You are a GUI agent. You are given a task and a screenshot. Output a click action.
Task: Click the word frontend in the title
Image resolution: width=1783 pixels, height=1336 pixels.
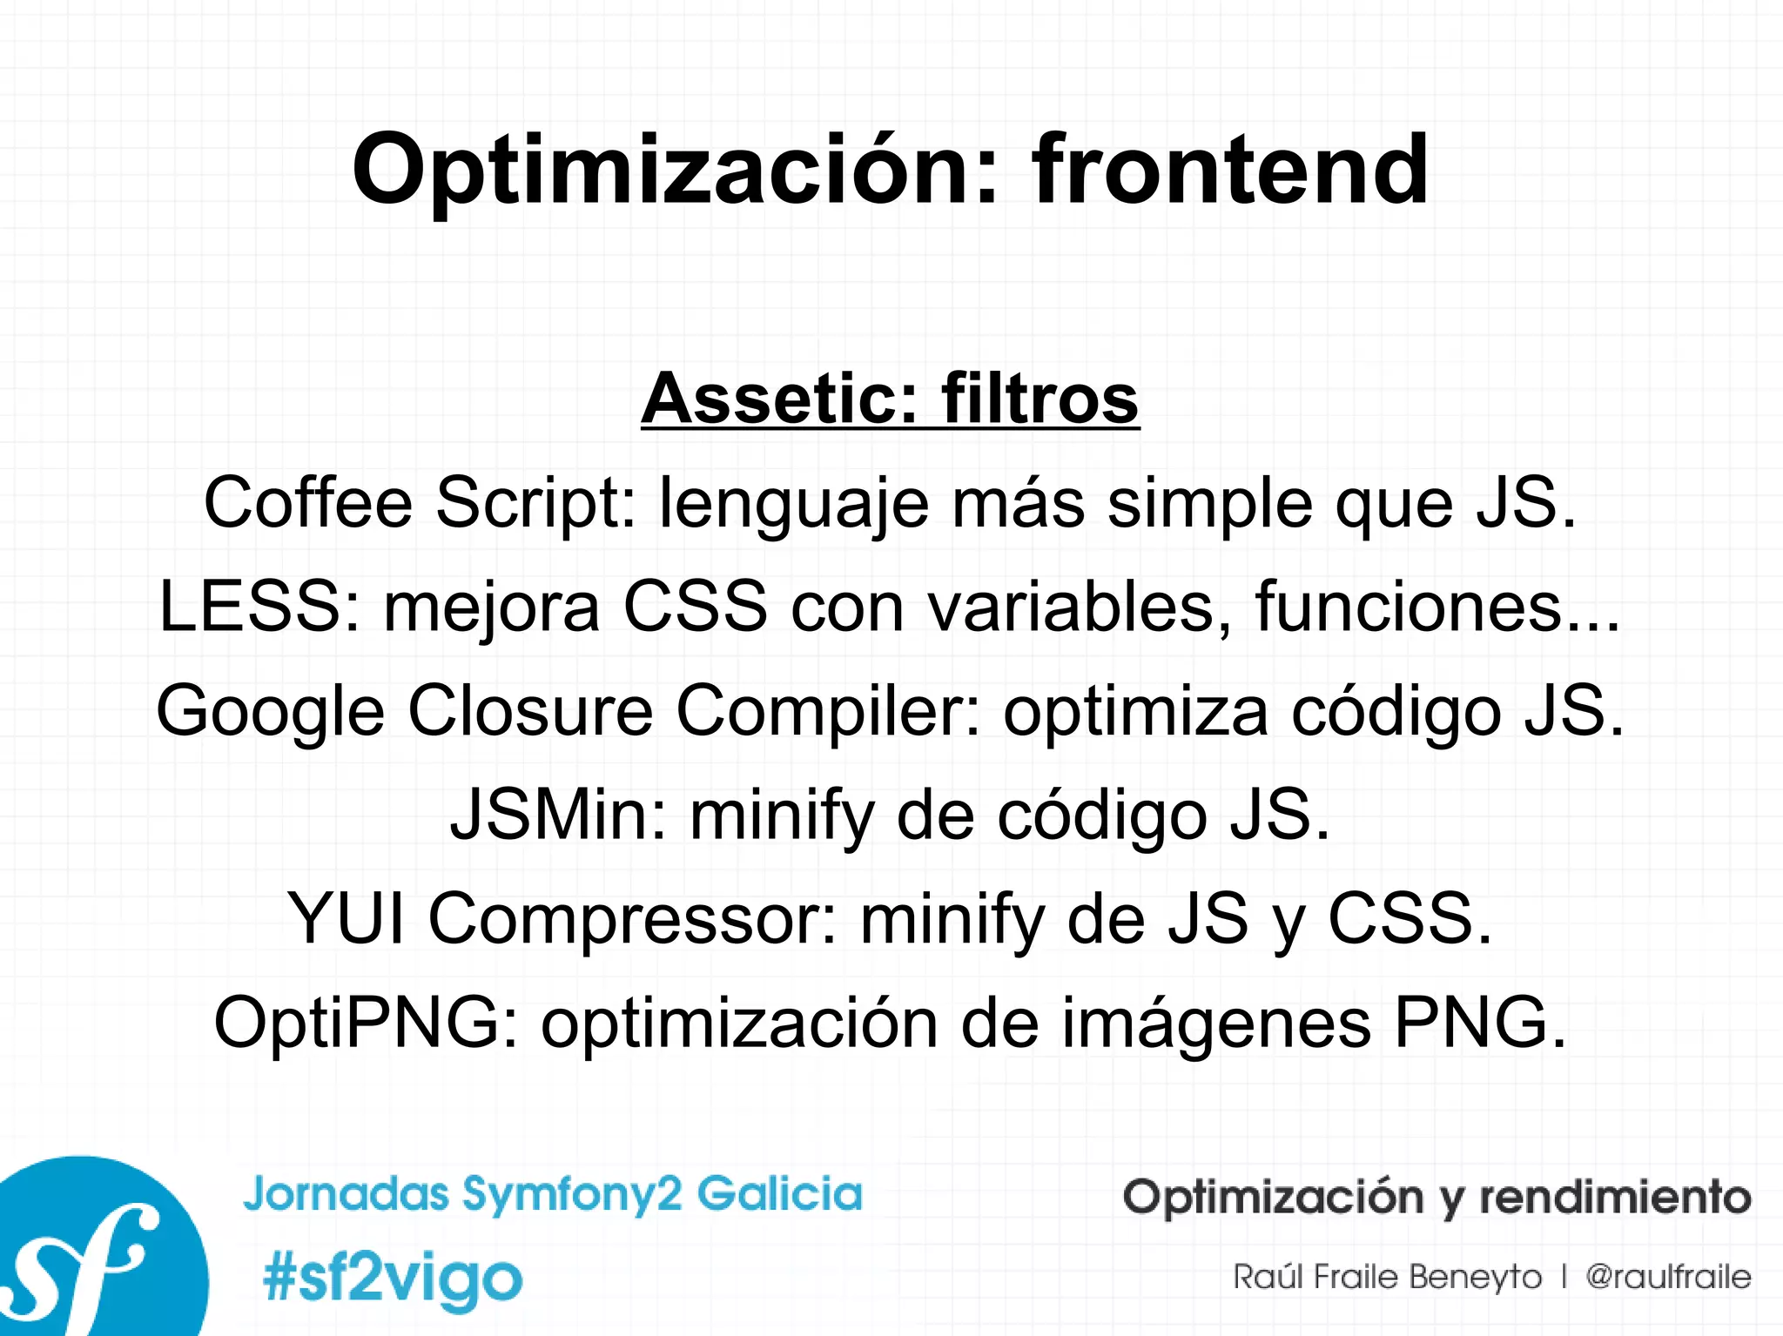click(x=1229, y=170)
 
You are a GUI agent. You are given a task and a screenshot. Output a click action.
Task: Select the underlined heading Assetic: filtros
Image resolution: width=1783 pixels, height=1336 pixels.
click(x=890, y=399)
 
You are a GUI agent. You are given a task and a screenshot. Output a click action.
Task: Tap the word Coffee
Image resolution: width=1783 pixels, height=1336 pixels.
click(x=307, y=502)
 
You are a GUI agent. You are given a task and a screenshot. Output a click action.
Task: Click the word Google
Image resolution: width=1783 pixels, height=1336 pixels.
click(x=270, y=711)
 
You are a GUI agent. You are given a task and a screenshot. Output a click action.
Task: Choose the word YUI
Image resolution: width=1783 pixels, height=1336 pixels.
click(x=346, y=918)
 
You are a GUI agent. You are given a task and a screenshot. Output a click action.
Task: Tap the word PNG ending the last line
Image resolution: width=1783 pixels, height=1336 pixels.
click(x=1470, y=1023)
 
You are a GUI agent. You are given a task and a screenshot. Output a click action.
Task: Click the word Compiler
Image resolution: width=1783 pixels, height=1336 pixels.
click(x=827, y=711)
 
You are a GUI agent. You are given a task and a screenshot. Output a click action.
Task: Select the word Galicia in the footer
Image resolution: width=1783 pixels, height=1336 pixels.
click(x=779, y=1193)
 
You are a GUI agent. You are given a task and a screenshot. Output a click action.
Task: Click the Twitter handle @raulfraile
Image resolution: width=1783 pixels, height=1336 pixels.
click(x=1668, y=1277)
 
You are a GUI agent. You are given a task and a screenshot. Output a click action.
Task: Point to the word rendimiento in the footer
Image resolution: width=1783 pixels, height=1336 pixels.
click(x=1615, y=1197)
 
